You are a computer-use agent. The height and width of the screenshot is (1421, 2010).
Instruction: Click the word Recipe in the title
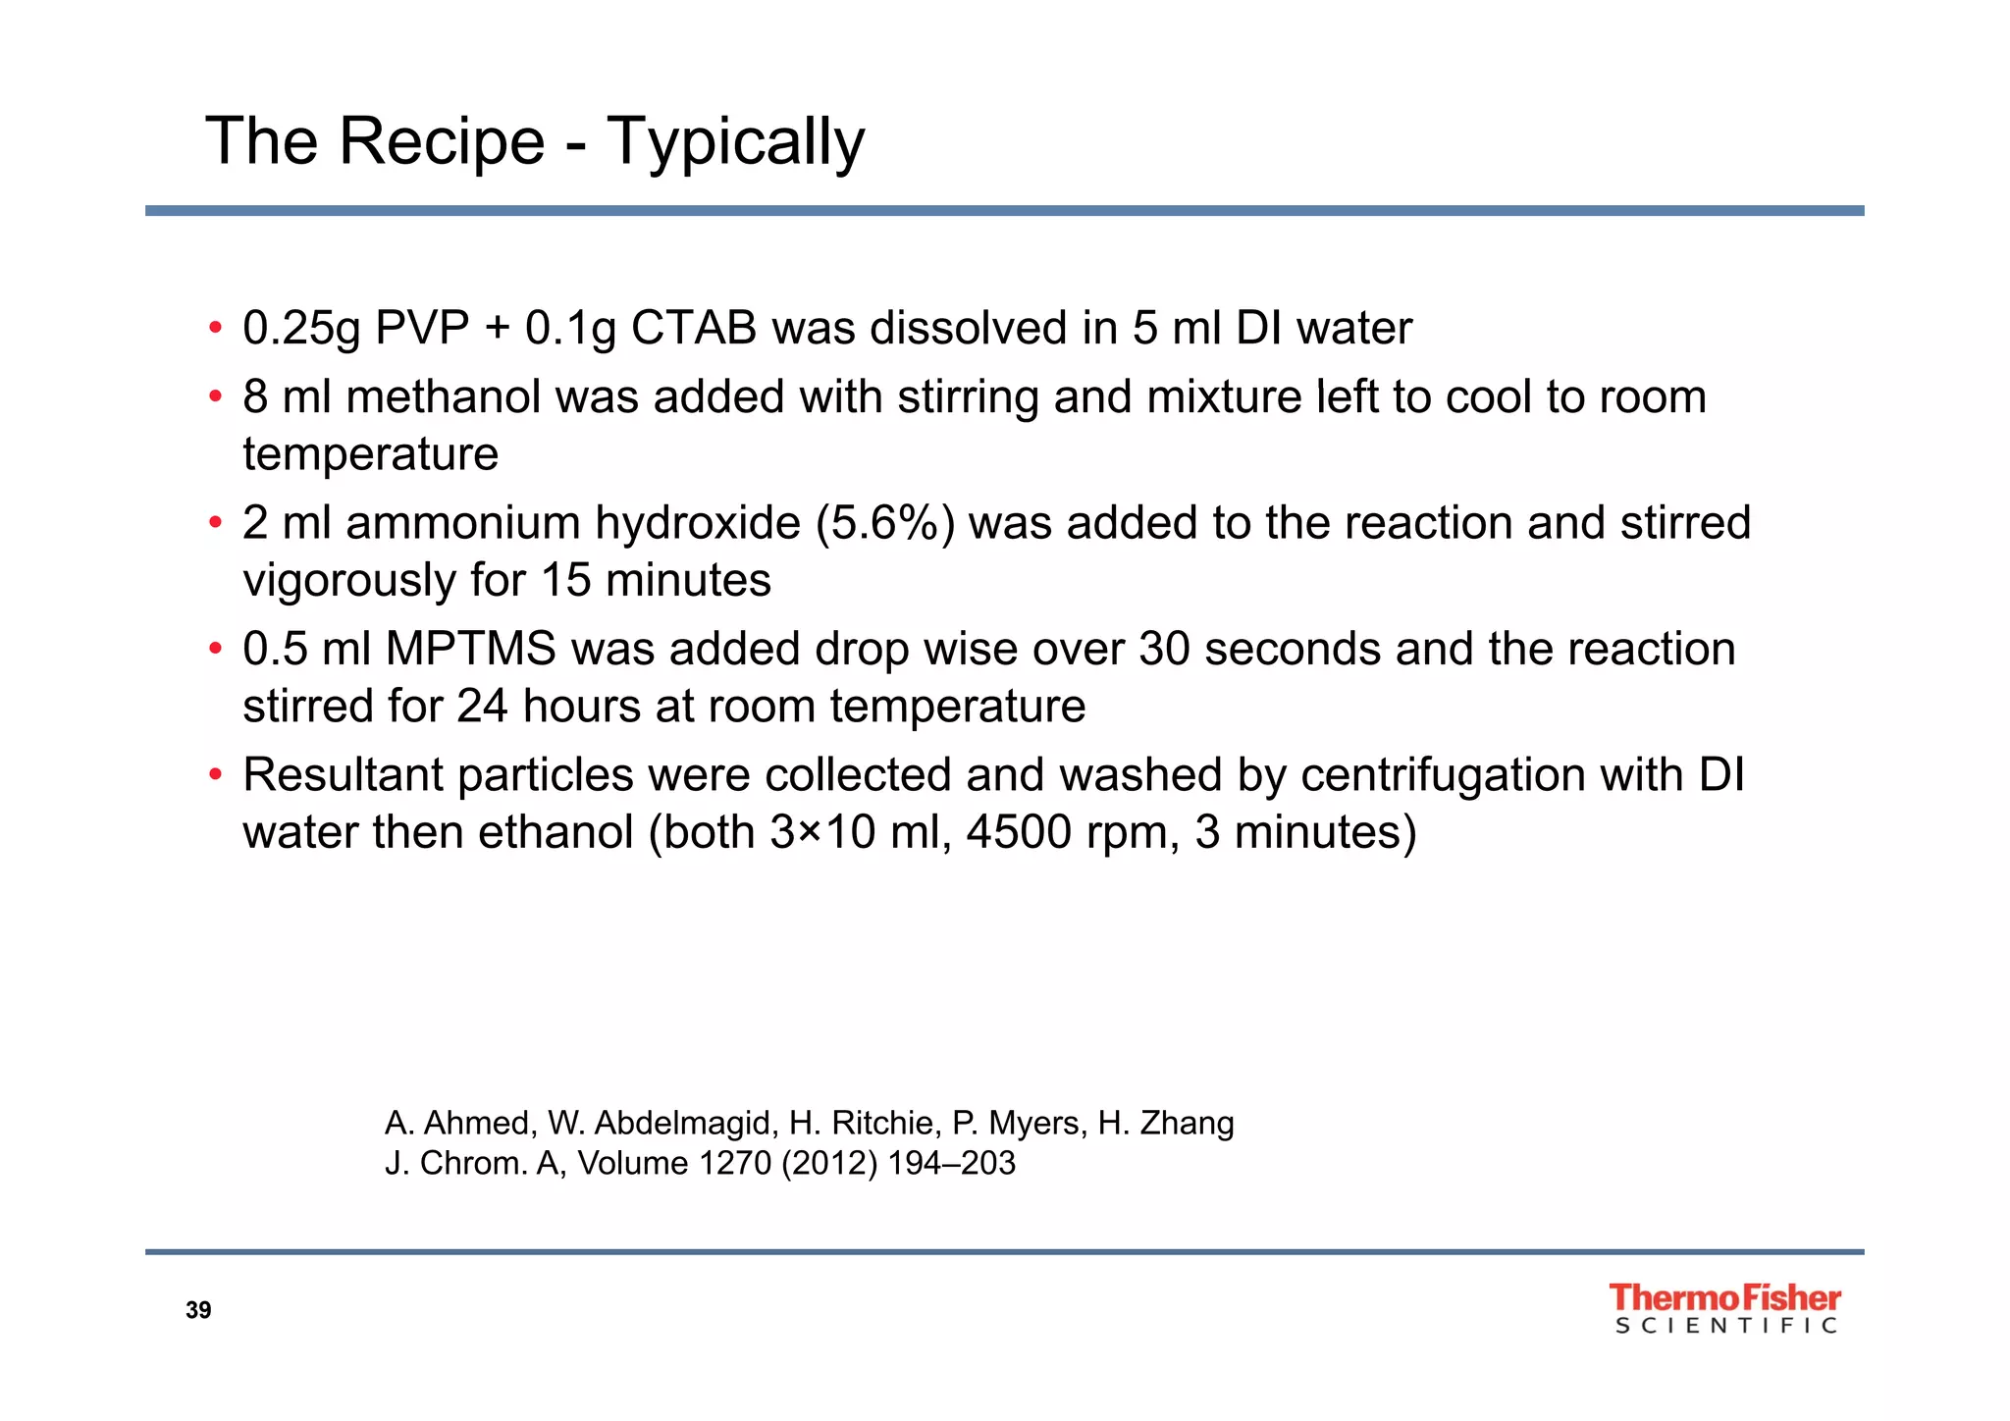coord(441,141)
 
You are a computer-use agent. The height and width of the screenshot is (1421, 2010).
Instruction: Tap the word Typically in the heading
coord(735,143)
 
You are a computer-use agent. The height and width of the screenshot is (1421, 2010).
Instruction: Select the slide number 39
coord(198,1311)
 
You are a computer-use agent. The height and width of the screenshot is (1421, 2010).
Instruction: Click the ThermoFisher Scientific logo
coord(1724,1309)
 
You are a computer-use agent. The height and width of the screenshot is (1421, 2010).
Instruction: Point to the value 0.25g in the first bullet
coord(302,329)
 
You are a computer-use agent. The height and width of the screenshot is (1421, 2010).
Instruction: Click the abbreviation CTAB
coord(693,328)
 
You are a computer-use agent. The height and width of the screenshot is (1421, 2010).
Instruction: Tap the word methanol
coord(445,397)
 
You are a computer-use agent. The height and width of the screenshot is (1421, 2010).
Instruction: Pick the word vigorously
coord(349,581)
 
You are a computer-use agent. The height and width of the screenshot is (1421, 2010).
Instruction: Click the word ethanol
coord(555,833)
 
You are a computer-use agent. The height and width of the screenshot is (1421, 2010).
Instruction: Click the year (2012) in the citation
coord(828,1164)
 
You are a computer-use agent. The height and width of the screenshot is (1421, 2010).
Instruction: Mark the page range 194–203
coord(951,1164)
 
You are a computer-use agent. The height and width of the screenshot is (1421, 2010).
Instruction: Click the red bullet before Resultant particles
coord(215,775)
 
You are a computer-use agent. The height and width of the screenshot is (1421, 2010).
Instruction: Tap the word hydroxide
coord(698,524)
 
